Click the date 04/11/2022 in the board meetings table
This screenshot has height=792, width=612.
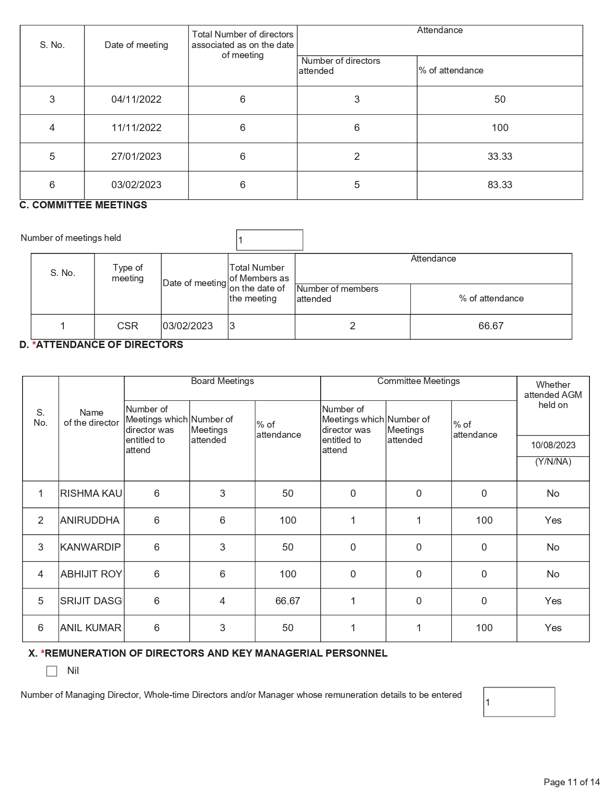[x=136, y=99]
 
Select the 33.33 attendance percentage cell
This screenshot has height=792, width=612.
[x=500, y=156]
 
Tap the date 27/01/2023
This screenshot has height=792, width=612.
[x=136, y=156]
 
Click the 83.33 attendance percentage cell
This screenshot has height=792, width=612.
[x=500, y=185]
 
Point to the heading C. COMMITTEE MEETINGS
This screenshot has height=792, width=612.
[x=83, y=205]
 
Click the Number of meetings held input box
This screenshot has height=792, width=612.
[x=269, y=240]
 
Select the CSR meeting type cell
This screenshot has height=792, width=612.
[x=128, y=326]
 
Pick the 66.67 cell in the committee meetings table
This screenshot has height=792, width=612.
[x=491, y=326]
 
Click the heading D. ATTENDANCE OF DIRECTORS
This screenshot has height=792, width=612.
[x=101, y=345]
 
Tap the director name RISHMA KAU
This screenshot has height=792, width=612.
[x=91, y=493]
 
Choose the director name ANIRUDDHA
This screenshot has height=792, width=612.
[x=90, y=520]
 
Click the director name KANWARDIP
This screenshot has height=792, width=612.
[x=91, y=547]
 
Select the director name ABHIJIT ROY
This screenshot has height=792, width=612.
[x=91, y=574]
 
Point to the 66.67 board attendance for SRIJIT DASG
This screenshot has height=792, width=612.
[x=288, y=601]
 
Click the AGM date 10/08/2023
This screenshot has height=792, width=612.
[x=553, y=445]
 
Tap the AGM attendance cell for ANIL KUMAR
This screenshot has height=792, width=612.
[x=553, y=628]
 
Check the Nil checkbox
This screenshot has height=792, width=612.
[x=52, y=671]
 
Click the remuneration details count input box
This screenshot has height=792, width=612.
[x=519, y=702]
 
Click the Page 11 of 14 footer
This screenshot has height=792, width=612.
[x=572, y=782]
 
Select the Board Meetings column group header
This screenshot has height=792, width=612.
[x=222, y=381]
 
